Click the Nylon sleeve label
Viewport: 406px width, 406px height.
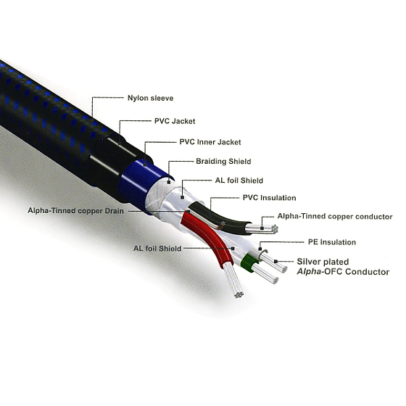pos(151,98)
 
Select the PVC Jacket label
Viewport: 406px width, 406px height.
pos(175,121)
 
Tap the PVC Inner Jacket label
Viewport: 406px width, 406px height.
pos(210,142)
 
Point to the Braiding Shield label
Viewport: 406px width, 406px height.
pos(223,161)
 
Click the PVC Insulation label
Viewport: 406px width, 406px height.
pos(269,198)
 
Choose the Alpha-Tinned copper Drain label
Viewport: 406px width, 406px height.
pos(75,211)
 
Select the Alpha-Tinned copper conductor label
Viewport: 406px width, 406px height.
pos(335,217)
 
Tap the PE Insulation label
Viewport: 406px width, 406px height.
pos(332,242)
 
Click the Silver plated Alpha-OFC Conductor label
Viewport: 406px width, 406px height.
pos(343,267)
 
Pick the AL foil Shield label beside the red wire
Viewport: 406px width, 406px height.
pos(157,249)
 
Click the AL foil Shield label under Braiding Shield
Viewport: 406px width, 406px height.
pos(239,181)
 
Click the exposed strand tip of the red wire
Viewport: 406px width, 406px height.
pos(239,294)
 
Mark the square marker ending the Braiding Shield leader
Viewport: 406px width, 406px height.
pos(169,182)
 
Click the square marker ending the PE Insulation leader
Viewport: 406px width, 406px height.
pos(260,249)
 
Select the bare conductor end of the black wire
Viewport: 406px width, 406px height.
pos(262,229)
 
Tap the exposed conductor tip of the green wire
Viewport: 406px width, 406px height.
pos(275,281)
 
